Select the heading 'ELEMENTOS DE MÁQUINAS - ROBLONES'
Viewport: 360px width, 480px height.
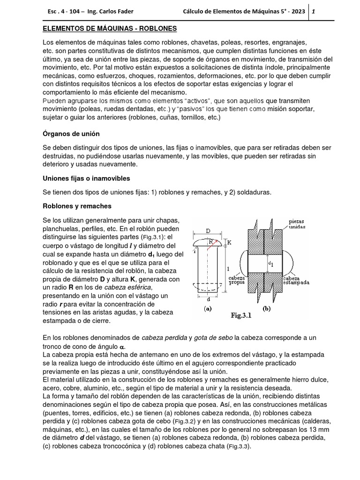[x=110, y=29]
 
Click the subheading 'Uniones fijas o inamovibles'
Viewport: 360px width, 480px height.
[x=86, y=179]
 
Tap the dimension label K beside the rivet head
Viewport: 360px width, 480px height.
[x=229, y=243]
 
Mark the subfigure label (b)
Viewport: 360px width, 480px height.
[x=266, y=309]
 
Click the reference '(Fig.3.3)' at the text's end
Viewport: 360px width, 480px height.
[x=238, y=447]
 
